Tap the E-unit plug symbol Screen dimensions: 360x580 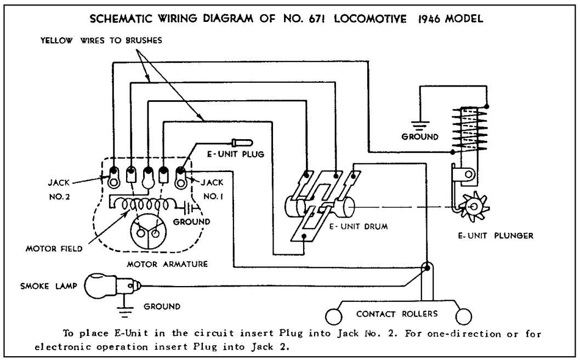coord(241,141)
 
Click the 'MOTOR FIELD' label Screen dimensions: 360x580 coord(54,249)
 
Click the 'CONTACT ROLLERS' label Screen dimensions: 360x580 coord(397,314)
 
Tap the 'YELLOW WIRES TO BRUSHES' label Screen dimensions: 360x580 coord(101,41)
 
